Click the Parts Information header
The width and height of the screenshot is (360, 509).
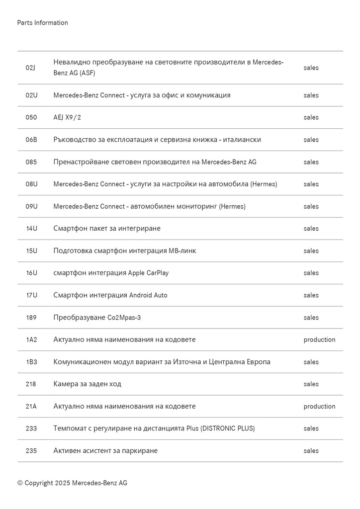coord(42,23)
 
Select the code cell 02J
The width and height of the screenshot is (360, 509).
coord(31,68)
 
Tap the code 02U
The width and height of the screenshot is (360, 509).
coord(31,95)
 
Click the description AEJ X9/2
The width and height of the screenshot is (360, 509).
coord(67,117)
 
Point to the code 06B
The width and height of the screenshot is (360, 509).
coord(31,140)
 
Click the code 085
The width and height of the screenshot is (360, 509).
coord(31,162)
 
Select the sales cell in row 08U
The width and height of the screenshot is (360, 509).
coord(311,184)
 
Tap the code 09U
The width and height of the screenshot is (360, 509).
coord(31,206)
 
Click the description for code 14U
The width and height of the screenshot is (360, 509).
coord(107,229)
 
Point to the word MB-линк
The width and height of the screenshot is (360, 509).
coord(182,251)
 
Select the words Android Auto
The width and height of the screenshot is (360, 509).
coord(148,295)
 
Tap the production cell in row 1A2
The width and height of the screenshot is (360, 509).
coord(319,339)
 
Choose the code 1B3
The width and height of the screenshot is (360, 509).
coord(31,362)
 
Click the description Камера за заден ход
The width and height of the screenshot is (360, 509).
coord(87,384)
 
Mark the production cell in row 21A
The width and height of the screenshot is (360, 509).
coord(319,406)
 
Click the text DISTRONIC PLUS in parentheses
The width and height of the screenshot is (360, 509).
coord(228,428)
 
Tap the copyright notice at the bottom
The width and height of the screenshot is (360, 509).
coord(72,483)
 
